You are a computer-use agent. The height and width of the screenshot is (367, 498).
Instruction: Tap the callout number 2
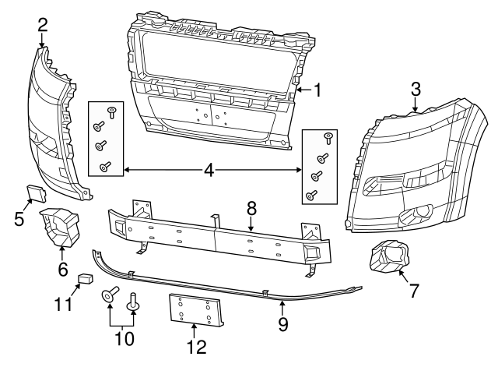[x=43, y=25]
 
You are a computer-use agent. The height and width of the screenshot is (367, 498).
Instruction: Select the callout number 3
[x=416, y=89]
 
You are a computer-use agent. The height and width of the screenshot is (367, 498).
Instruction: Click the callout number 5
[x=19, y=218]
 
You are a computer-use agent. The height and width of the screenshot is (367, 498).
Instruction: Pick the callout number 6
[x=62, y=270]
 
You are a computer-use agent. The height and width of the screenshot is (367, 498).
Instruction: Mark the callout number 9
[x=283, y=322]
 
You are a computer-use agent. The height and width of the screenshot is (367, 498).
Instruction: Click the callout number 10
[x=123, y=338]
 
